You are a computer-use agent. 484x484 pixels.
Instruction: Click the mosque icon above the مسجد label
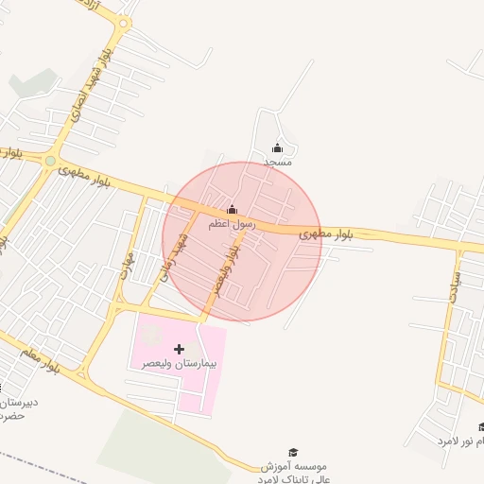click(x=277, y=147)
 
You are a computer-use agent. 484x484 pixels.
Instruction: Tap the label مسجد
click(x=277, y=163)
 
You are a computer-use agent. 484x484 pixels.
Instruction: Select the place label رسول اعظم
click(x=233, y=224)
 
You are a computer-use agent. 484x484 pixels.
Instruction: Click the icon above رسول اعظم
click(x=233, y=209)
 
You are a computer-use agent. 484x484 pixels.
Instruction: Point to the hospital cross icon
click(x=180, y=349)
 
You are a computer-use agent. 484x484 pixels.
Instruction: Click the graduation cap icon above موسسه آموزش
click(x=292, y=453)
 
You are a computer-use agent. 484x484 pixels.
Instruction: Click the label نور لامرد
click(x=460, y=441)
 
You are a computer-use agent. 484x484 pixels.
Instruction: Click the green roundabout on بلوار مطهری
click(x=49, y=161)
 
